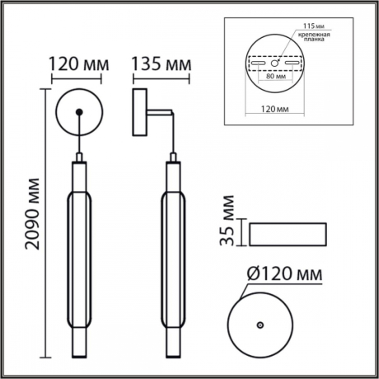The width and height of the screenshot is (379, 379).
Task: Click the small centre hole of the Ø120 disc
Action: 261,326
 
